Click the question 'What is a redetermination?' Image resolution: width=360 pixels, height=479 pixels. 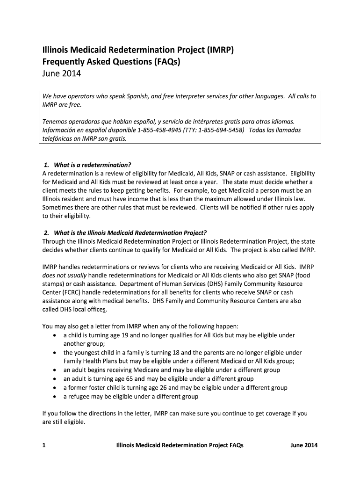pos(93,165)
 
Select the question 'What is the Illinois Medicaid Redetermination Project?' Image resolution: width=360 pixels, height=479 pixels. pos(130,232)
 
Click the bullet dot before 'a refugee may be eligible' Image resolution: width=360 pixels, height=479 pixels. pos(56,397)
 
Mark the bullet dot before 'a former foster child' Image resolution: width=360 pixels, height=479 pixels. pos(56,388)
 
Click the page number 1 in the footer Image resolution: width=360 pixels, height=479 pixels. pos(43,446)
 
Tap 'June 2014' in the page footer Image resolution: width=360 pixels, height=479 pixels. pos(304,446)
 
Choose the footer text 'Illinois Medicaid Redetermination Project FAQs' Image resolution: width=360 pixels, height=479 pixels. pos(180,446)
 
